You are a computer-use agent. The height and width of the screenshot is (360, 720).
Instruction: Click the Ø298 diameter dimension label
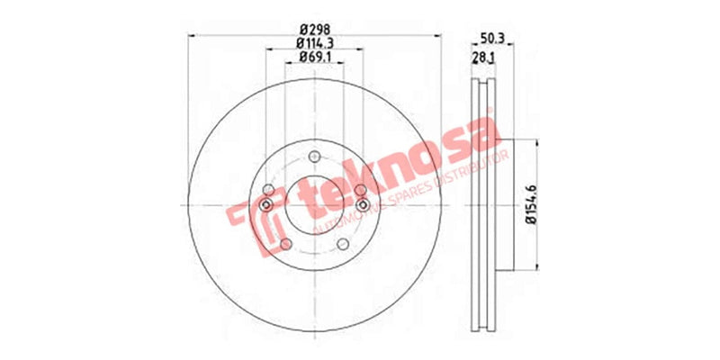(314, 27)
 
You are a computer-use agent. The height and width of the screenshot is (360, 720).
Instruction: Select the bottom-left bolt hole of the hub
(285, 245)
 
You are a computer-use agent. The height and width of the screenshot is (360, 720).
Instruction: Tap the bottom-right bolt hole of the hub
(343, 245)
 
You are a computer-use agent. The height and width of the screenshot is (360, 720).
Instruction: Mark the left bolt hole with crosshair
(266, 206)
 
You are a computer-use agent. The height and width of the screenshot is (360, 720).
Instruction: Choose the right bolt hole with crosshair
(363, 206)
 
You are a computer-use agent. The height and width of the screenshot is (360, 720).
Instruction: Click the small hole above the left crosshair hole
(268, 188)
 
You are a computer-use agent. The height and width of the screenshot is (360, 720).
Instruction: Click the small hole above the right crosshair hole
(361, 188)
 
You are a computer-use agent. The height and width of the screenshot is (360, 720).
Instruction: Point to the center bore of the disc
(314, 206)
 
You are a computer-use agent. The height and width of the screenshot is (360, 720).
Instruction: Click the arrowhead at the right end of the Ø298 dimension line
(440, 35)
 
